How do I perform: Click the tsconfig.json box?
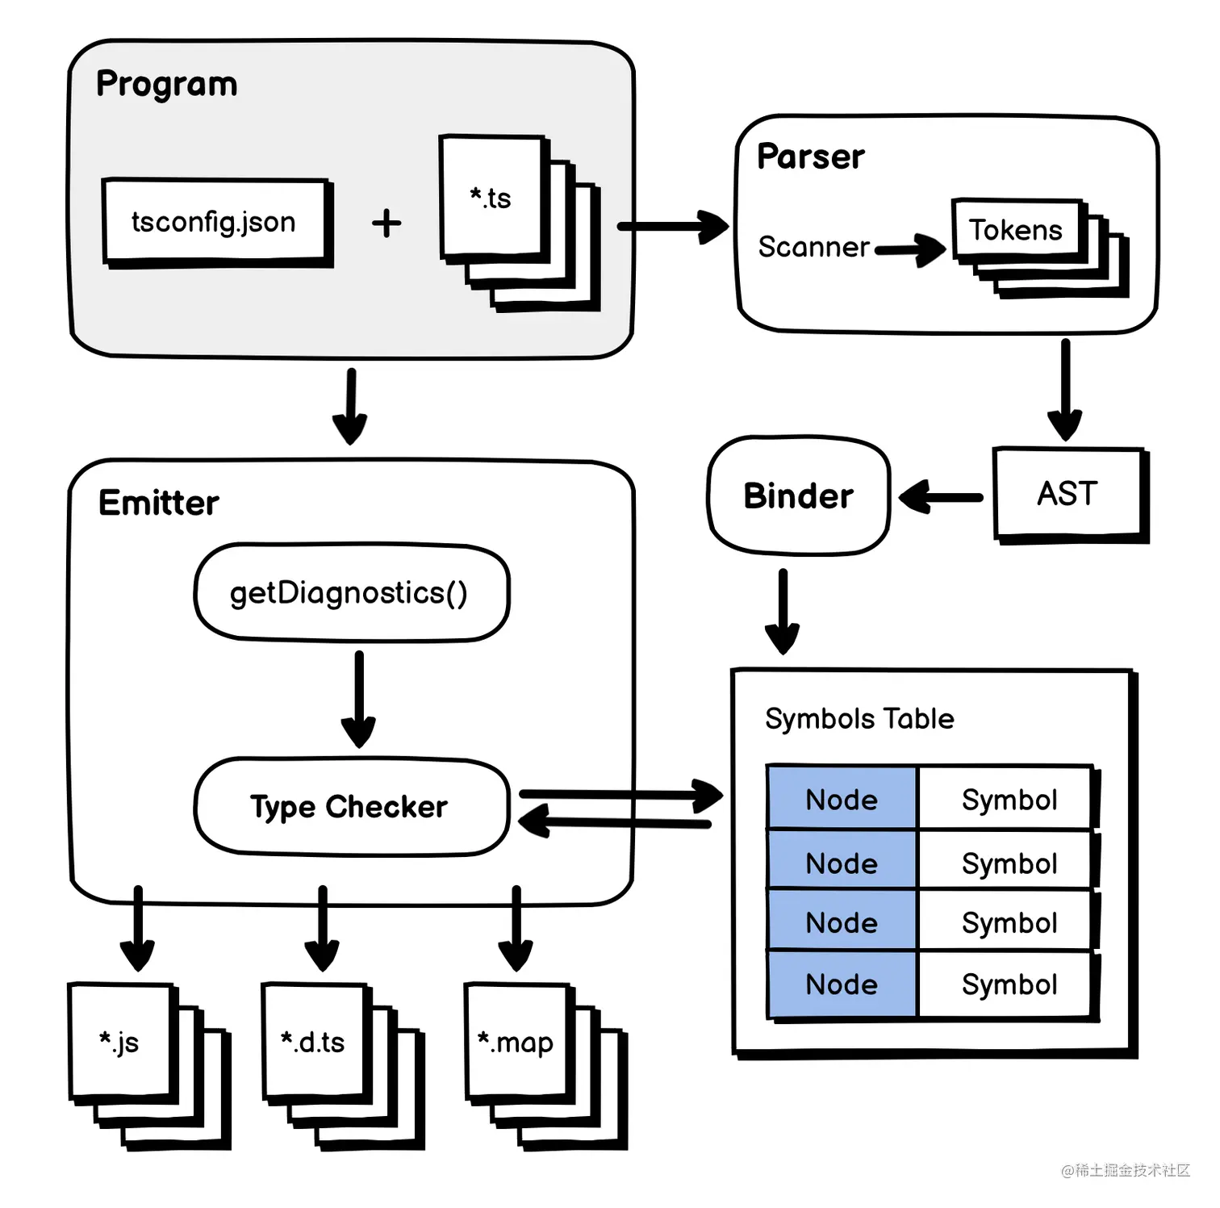215,221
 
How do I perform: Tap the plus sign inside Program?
386,224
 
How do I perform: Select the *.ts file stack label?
491,198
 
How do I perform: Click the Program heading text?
166,84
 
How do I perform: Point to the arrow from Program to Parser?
673,227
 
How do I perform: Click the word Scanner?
813,247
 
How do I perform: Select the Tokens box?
1016,230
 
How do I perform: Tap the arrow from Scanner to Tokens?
910,249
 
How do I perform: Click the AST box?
1067,493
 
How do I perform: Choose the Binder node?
798,495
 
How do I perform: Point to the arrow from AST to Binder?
941,497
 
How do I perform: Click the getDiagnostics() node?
349,593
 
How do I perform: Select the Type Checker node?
349,806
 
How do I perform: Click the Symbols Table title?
859,718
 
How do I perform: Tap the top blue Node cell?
842,799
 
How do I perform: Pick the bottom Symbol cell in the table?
1009,984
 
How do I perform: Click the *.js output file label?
119,1041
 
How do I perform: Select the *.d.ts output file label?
313,1042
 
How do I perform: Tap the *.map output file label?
516,1042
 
